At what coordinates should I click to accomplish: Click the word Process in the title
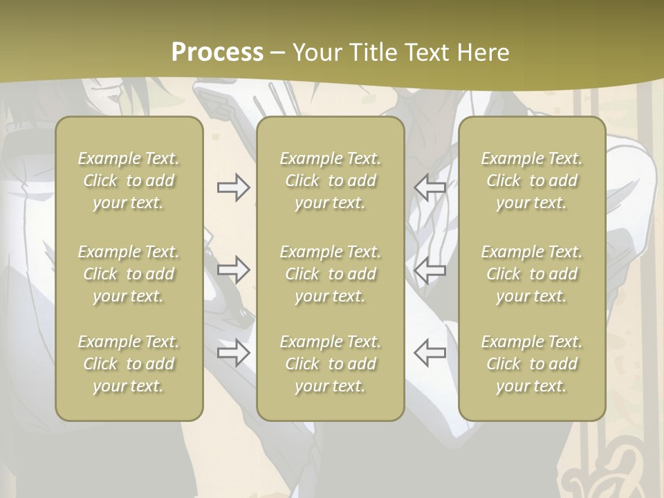pos(217,53)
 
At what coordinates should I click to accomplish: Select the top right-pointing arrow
pos(234,187)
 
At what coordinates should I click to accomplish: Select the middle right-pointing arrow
pos(234,270)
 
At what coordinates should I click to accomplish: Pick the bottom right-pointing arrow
pos(234,353)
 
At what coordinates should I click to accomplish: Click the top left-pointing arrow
pos(430,187)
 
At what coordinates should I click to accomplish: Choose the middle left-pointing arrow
pos(430,270)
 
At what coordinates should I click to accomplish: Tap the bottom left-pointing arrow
pos(430,352)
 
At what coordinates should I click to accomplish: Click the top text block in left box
pos(129,181)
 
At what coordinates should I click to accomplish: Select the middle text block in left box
pos(129,274)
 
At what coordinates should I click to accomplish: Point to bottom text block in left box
pos(129,364)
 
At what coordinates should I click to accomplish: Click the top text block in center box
pos(331,181)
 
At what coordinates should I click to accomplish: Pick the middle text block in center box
pos(331,274)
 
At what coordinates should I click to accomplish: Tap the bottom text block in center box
pos(331,364)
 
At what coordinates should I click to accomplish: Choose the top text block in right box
pos(532,181)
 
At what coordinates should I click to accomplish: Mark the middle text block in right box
pos(532,274)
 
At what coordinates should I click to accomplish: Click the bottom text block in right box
pos(532,364)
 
